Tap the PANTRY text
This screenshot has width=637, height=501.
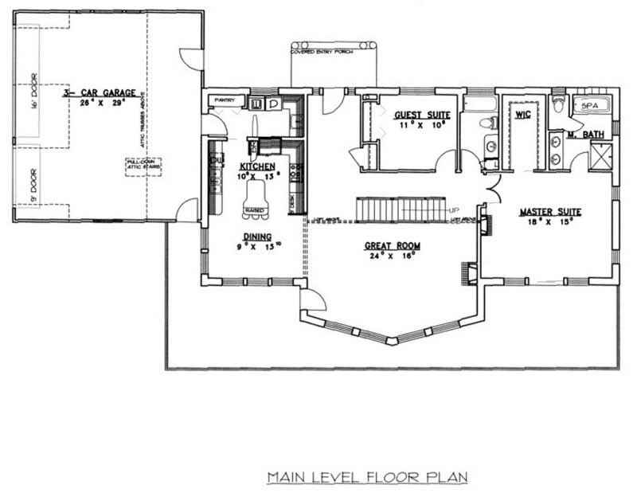pos(220,100)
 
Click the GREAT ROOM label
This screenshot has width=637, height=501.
pos(393,246)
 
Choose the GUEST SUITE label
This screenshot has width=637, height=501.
pos(416,115)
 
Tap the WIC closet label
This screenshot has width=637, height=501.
pos(522,115)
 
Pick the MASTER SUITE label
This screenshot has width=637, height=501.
pos(549,212)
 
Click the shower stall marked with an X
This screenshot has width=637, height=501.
pos(600,155)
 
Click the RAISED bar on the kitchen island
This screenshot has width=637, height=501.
pos(255,211)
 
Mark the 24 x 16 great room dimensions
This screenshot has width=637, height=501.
pos(393,256)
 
